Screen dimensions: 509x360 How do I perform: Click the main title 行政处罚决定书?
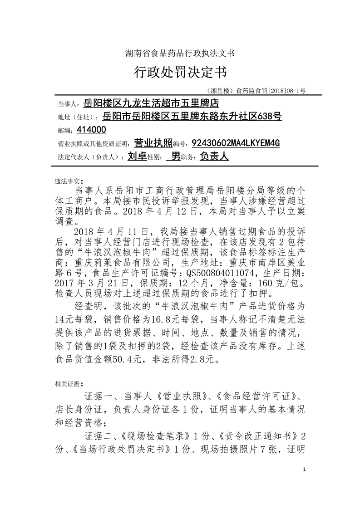click(x=180, y=72)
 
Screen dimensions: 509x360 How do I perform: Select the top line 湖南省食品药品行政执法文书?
click(x=180, y=53)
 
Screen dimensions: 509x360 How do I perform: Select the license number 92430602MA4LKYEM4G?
click(x=236, y=143)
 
